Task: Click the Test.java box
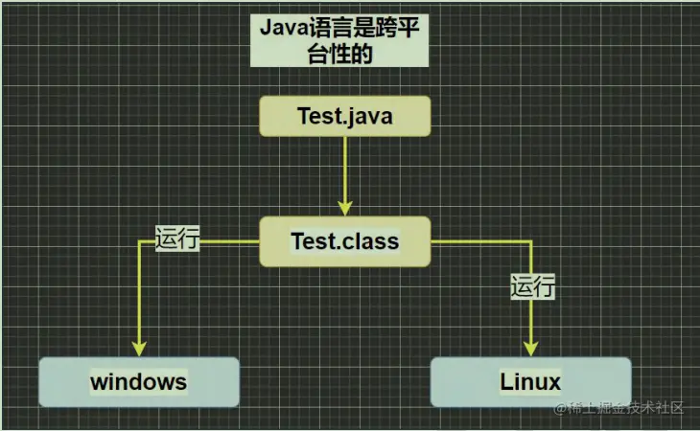point(345,117)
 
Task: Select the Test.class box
point(345,241)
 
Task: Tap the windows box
point(139,382)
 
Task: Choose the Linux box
point(530,382)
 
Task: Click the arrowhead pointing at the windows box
point(139,348)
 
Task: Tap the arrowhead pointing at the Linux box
point(530,348)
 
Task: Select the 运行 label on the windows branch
point(176,239)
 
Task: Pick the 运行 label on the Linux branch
point(533,285)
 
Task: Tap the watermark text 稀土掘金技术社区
point(625,409)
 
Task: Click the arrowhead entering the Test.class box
point(345,207)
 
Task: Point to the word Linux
point(530,382)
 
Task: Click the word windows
point(139,382)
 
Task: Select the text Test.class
point(345,241)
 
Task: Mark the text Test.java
point(345,117)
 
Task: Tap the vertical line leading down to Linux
point(530,316)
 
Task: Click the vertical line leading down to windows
point(139,297)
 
